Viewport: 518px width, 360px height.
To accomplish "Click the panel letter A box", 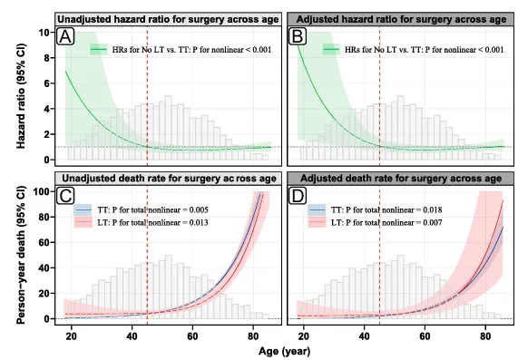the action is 65,36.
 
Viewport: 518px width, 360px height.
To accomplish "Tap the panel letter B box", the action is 298,36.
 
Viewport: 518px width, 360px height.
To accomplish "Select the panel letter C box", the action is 65,196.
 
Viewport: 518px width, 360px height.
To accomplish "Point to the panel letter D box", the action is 298,196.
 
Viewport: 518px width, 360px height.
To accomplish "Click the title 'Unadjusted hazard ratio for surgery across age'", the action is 168,19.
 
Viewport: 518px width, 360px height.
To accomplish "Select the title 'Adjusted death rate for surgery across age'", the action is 401,179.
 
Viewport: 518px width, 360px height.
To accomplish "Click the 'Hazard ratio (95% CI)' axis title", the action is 21,96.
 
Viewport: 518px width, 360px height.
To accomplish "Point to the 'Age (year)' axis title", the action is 285,351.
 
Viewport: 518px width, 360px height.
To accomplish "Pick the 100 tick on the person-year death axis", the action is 42,191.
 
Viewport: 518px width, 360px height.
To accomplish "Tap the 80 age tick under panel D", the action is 485,336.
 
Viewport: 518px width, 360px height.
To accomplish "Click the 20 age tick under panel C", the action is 71,336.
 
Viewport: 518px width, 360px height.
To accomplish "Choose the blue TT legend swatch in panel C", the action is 83,209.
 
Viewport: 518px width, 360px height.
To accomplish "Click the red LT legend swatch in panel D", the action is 317,222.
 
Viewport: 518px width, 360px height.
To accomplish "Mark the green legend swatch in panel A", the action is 99,50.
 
